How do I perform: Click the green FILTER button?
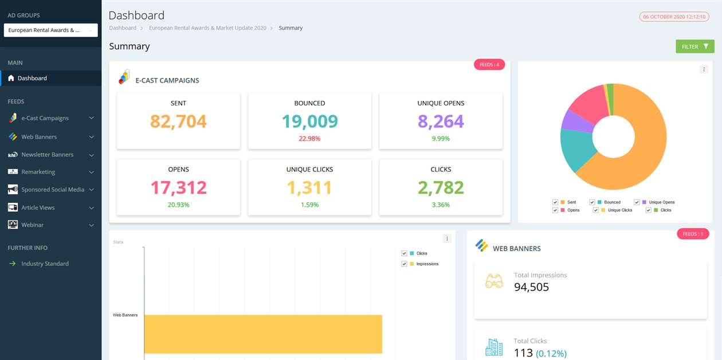coord(694,46)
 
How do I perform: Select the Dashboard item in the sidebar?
coord(32,78)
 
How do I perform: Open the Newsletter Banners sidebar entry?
coord(47,155)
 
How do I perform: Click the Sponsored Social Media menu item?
coord(52,190)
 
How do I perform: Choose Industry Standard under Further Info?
coord(45,264)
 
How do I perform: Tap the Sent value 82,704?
coord(178,122)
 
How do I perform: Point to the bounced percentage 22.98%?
coord(309,139)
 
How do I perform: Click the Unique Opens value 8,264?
coord(441,122)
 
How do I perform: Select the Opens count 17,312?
coord(178,187)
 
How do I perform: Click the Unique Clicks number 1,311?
coord(309,187)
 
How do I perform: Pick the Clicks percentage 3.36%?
coord(441,205)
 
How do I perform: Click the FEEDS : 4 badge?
coord(489,65)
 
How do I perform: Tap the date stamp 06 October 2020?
coord(673,17)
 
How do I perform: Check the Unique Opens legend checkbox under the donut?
coord(637,202)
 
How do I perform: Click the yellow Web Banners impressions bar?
coord(262,334)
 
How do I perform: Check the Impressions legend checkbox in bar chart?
coord(405,264)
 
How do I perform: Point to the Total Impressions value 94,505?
coord(531,287)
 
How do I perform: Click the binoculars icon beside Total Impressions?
coord(494,281)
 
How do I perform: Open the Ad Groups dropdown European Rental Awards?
coord(50,30)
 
